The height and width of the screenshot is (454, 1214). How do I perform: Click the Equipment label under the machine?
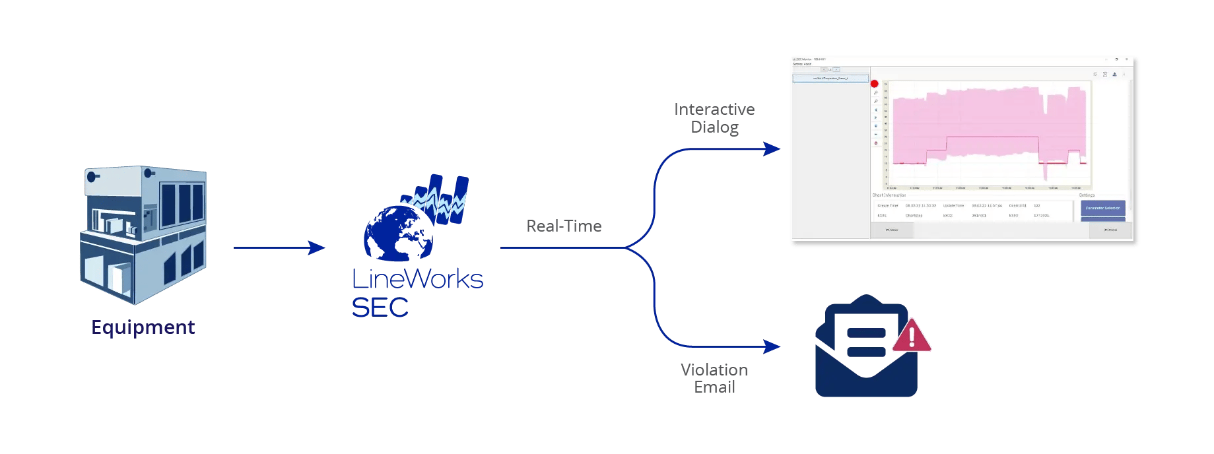click(x=143, y=327)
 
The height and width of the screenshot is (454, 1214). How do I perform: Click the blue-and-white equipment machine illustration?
click(x=143, y=235)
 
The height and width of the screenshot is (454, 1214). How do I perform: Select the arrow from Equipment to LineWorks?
click(x=279, y=248)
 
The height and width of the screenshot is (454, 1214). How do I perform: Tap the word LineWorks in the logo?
click(x=417, y=279)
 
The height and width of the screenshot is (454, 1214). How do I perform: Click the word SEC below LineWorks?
click(x=380, y=308)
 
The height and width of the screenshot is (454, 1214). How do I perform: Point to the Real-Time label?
click(x=564, y=226)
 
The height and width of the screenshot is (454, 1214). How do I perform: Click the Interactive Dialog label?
click(x=714, y=118)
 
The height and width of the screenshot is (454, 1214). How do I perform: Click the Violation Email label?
click(x=714, y=378)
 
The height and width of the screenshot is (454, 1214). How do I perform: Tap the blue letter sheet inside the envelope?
click(x=865, y=334)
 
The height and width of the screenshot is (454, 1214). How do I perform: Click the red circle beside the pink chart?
click(x=875, y=84)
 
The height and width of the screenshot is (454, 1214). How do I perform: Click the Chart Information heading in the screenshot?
click(x=889, y=195)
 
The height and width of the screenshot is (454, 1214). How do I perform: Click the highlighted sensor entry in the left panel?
click(x=830, y=78)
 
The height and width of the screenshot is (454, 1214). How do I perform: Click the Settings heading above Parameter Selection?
click(x=1087, y=195)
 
